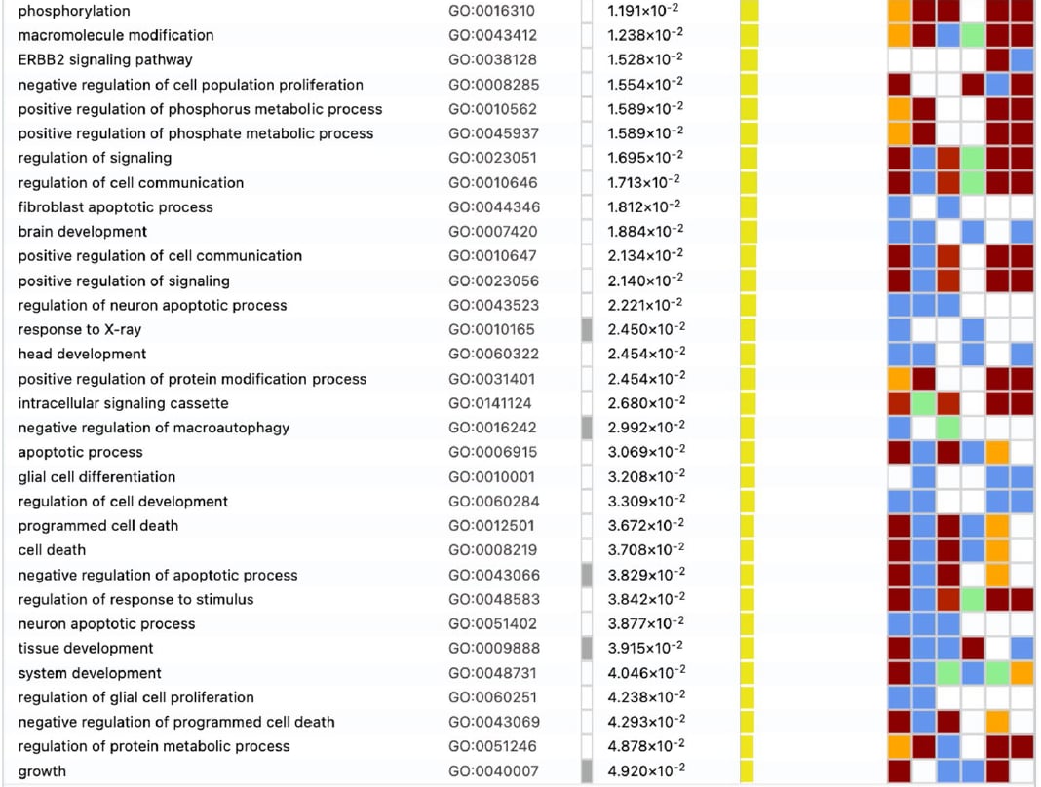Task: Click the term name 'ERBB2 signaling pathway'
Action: click(105, 59)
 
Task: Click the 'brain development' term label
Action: click(83, 231)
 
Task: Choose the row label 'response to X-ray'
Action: click(80, 329)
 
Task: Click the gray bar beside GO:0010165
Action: click(587, 329)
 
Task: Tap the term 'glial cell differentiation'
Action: click(96, 476)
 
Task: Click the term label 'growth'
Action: click(42, 771)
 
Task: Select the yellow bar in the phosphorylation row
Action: click(749, 11)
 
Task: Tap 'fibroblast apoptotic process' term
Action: click(115, 206)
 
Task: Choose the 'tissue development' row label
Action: click(86, 648)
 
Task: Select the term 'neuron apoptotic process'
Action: click(106, 623)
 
